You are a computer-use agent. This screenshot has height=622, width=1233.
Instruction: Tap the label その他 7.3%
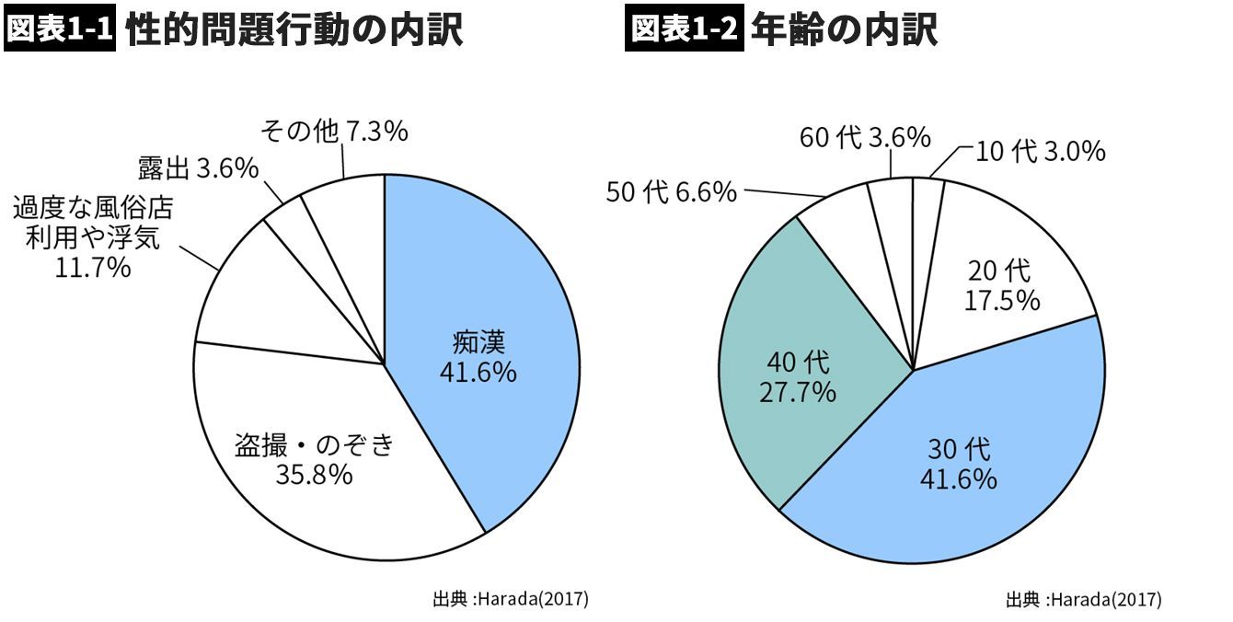pos(334,132)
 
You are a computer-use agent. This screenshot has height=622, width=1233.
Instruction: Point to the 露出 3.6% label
pos(197,168)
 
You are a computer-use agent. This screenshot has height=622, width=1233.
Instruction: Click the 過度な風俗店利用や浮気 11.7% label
pos(92,238)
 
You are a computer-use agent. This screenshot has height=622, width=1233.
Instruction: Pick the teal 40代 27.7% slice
pos(799,377)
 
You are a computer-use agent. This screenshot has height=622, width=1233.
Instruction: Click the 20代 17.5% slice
pos(1003,285)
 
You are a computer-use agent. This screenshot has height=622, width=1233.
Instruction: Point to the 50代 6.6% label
pos(672,192)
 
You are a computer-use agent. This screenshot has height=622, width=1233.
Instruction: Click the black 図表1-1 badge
pos(60,29)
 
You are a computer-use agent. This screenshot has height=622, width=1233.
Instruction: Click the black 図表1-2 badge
pos(684,29)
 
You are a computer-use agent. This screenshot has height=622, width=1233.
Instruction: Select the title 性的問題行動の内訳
pos(294,30)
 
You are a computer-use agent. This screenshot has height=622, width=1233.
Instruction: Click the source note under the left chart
pos(510,599)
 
